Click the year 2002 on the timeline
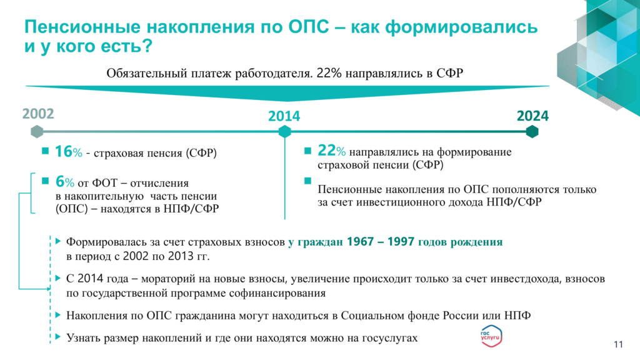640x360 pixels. (38, 114)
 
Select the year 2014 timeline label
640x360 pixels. (284, 116)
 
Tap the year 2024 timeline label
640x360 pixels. (532, 116)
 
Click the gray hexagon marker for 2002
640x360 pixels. (37, 131)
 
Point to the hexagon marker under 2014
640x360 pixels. (284, 131)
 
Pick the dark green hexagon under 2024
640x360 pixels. (532, 131)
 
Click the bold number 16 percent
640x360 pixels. (69, 152)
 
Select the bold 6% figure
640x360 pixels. (65, 181)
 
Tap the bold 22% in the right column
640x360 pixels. (331, 151)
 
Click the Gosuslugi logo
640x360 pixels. (491, 336)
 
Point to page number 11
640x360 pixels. (618, 344)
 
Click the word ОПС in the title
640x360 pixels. (309, 27)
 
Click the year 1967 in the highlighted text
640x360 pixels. (360, 242)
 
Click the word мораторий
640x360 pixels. (167, 279)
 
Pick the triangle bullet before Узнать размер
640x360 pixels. (58, 337)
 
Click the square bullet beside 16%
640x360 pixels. (45, 151)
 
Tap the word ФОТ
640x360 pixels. (105, 183)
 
